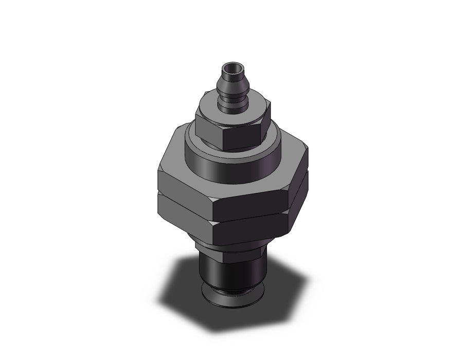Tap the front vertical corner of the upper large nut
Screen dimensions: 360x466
[x=214, y=206]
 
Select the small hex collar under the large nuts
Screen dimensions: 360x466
[x=231, y=250]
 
